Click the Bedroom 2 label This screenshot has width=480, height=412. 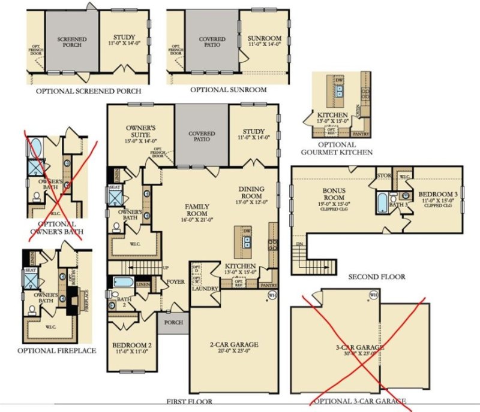(x=131, y=346)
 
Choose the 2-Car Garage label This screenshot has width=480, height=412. (x=234, y=345)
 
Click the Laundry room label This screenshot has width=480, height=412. (x=204, y=287)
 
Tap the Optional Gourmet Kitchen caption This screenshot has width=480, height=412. (x=337, y=148)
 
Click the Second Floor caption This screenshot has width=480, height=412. (x=377, y=277)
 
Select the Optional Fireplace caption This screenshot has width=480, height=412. (x=57, y=350)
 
